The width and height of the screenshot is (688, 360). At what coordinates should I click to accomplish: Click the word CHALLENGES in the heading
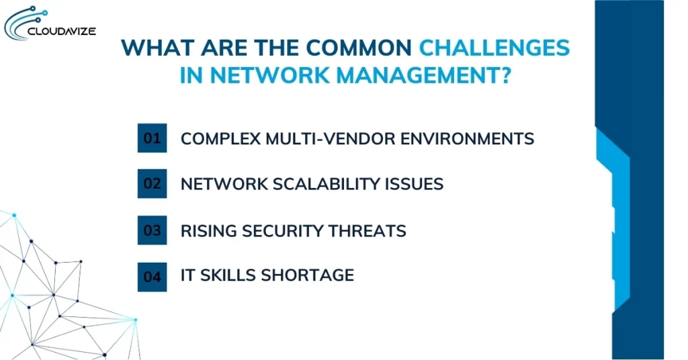click(x=494, y=48)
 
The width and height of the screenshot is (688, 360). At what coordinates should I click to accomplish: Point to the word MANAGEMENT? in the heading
click(x=423, y=75)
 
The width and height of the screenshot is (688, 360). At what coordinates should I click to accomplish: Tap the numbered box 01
click(x=152, y=138)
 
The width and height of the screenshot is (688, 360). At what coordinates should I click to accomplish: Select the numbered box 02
click(x=152, y=183)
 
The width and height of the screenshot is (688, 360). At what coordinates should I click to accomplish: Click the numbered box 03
click(x=152, y=230)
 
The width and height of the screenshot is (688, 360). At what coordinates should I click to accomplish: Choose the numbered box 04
click(x=152, y=275)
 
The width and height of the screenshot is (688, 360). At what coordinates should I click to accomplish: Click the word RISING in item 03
click(x=206, y=231)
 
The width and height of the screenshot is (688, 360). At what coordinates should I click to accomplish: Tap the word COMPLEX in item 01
click(x=214, y=139)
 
